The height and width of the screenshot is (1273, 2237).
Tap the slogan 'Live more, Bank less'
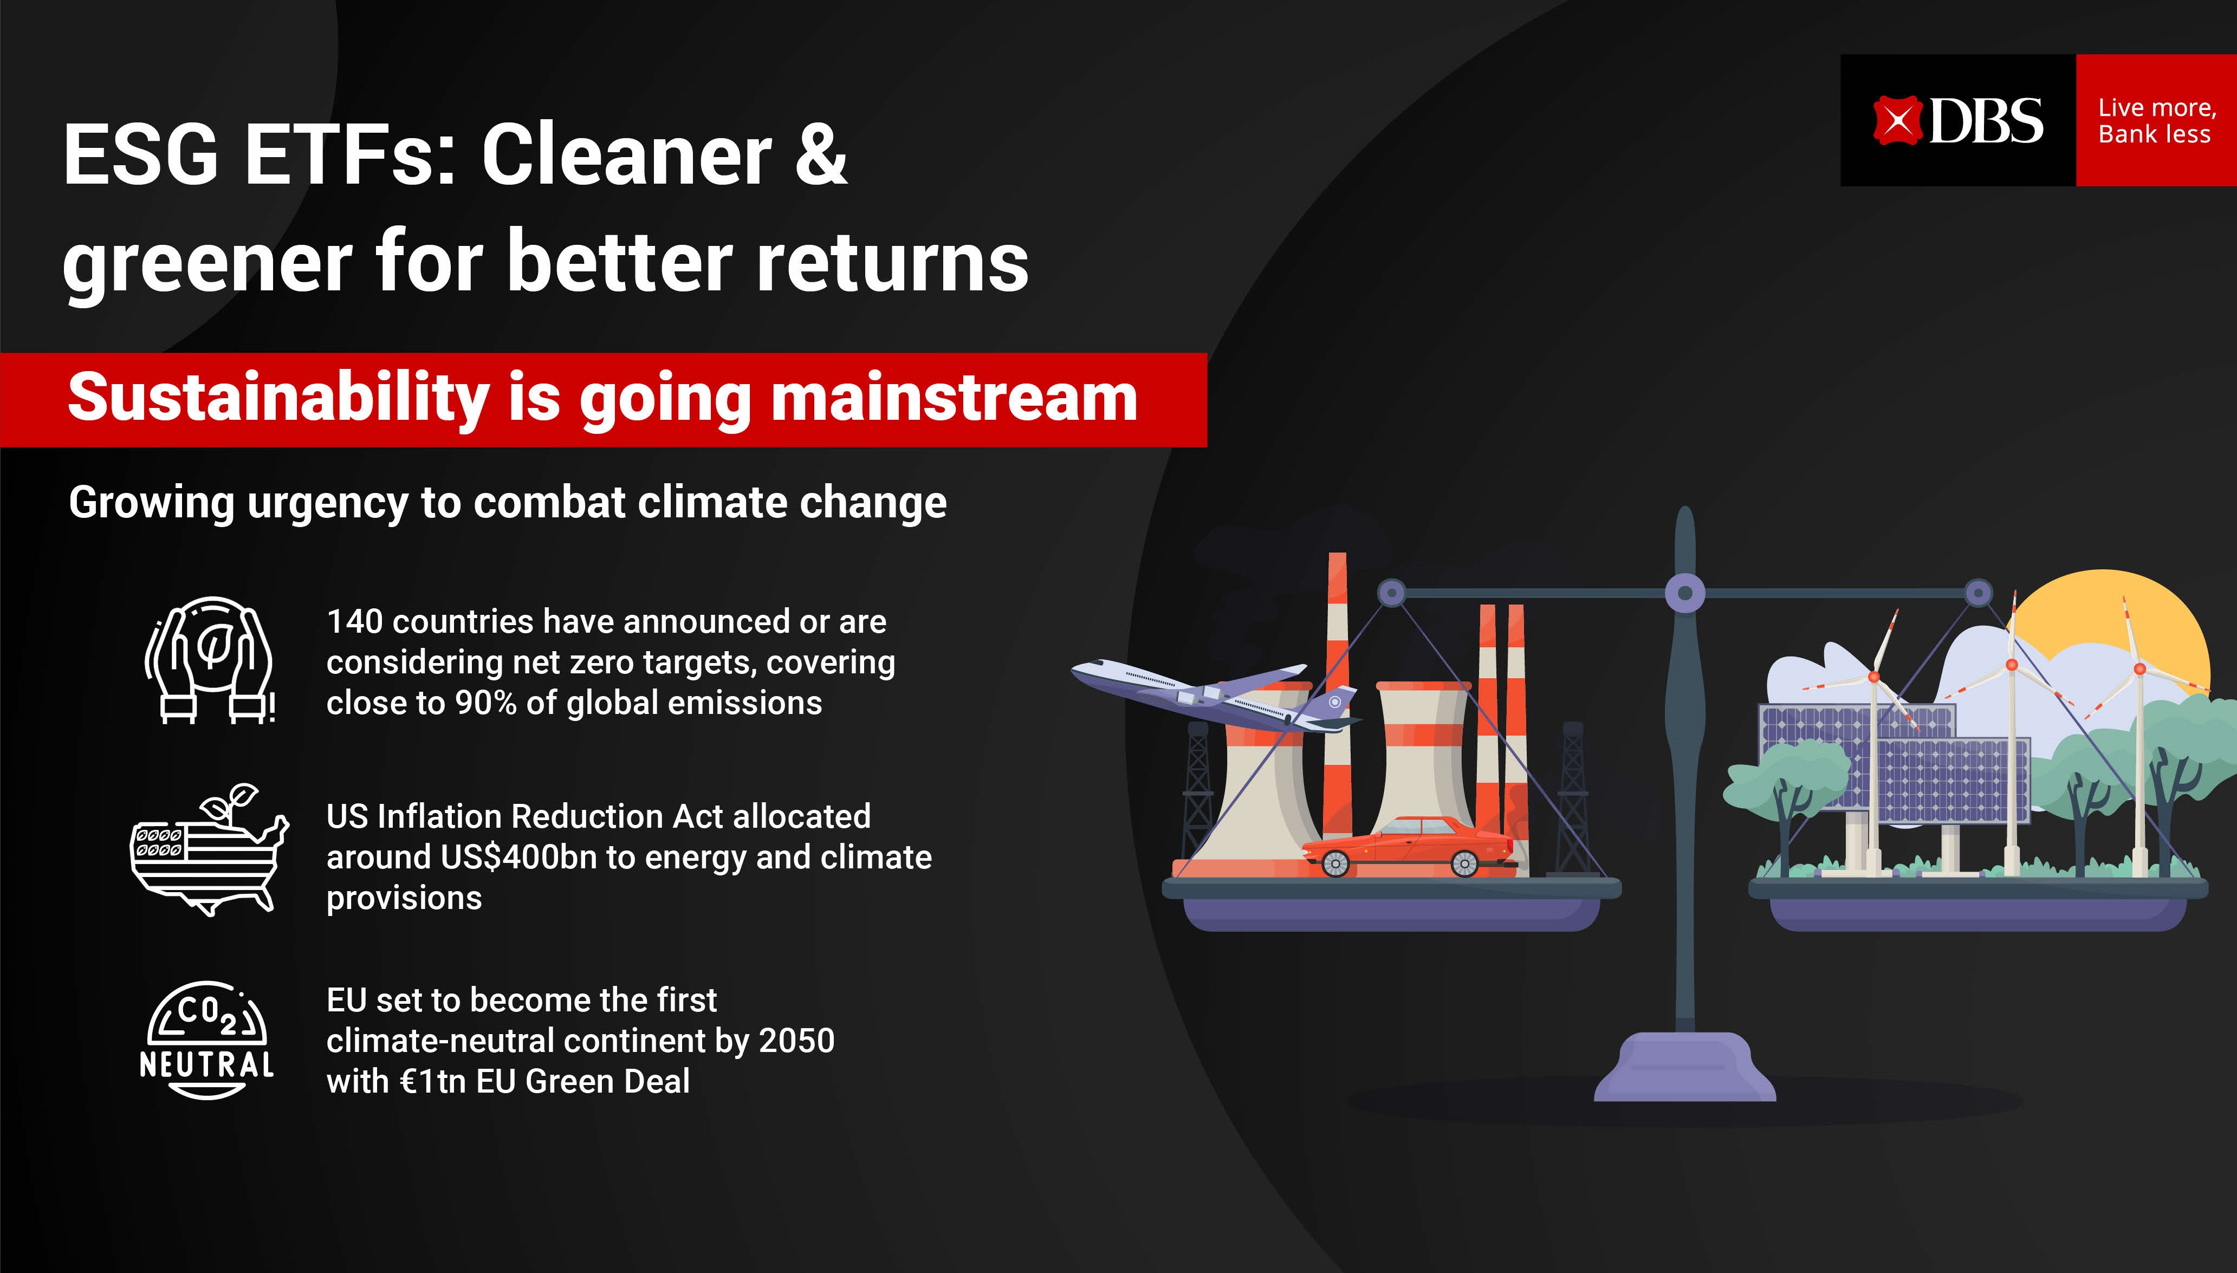pos(2157,121)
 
